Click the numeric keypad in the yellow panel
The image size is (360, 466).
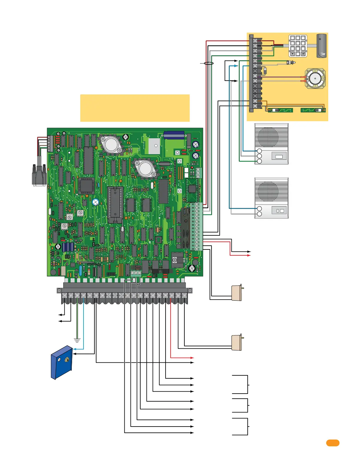(x=298, y=46)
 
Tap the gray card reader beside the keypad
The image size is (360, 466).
(x=321, y=46)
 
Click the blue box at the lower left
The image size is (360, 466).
(x=62, y=362)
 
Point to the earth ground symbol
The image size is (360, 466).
(x=77, y=340)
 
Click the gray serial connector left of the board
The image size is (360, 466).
(x=39, y=175)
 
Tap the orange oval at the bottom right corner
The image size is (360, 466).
(x=333, y=443)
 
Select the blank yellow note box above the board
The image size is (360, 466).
(x=135, y=108)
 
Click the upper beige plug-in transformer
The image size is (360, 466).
(x=237, y=293)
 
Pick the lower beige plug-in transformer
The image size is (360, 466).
(x=237, y=343)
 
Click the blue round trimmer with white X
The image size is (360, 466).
(x=95, y=202)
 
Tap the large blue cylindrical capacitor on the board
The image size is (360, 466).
(x=174, y=135)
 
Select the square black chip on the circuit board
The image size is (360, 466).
(x=86, y=186)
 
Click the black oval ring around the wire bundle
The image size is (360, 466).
(x=209, y=63)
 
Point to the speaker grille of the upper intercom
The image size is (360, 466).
(x=268, y=137)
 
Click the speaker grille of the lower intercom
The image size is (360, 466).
(x=268, y=191)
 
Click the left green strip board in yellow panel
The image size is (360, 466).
(x=280, y=110)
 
